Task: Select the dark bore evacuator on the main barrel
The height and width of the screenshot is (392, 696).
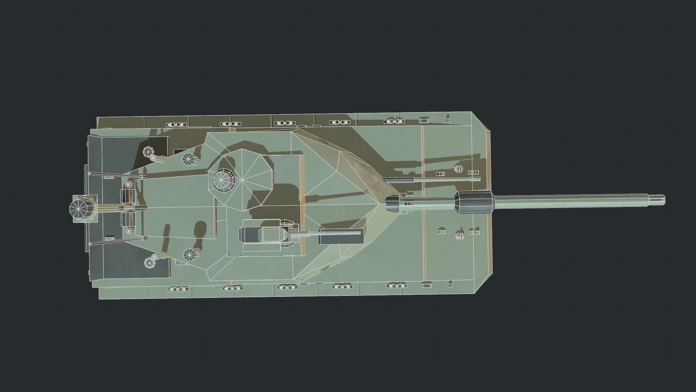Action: click(475, 201)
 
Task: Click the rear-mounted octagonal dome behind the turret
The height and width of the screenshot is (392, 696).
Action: click(83, 209)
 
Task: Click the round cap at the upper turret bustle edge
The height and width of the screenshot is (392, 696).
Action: click(188, 159)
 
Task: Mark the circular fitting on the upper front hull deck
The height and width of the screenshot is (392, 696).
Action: click(459, 169)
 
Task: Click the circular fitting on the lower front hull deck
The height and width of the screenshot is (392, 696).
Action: click(459, 236)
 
